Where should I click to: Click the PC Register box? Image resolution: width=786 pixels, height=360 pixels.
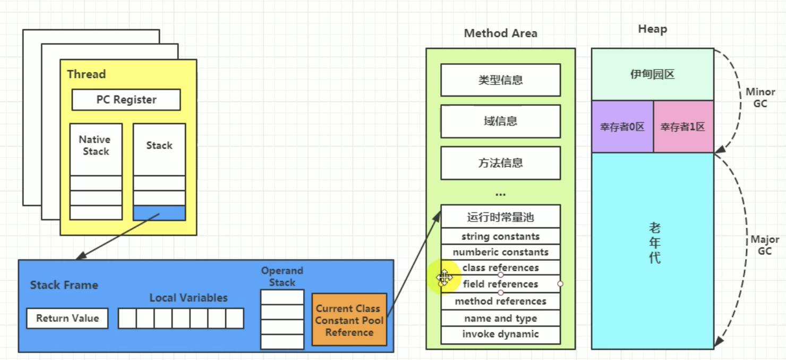coord(126,100)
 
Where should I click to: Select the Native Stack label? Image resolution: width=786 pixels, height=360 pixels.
coord(95,145)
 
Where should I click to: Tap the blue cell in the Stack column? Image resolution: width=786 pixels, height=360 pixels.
coord(159,213)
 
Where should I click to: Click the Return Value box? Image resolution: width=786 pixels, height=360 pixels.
coord(67,318)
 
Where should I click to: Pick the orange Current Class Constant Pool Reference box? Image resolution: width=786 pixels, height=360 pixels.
coord(349,320)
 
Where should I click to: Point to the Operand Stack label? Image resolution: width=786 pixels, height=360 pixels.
coord(282,276)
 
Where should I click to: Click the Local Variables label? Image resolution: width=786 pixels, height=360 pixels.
coord(188,298)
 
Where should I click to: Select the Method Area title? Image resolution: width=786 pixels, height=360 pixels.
coord(500,33)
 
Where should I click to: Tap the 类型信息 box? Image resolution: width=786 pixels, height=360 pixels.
coord(500,80)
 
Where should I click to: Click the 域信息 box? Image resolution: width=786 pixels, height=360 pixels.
coord(500,121)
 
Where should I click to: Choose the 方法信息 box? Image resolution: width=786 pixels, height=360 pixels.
coord(500,163)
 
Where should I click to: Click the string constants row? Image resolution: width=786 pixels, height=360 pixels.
coord(500,236)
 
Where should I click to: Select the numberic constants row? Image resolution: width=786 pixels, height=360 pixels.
coord(500,252)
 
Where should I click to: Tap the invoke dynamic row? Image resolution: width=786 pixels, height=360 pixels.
coord(500,334)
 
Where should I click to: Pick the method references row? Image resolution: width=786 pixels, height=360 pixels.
coord(500,301)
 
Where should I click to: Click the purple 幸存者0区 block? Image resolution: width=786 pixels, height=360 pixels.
coord(622,127)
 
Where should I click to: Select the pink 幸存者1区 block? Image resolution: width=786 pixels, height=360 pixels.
coord(683,127)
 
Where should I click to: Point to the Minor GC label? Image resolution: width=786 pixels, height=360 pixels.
coord(760,98)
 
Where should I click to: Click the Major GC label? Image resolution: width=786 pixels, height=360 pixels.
coord(764,245)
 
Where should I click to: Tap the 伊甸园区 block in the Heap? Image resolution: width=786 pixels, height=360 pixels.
coord(652,74)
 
